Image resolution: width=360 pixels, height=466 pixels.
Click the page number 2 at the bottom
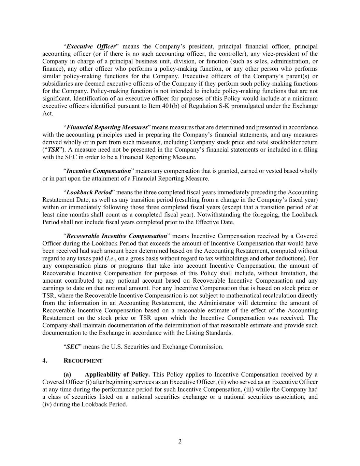[x=180, y=441]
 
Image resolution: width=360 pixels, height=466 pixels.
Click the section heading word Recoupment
[x=83, y=361]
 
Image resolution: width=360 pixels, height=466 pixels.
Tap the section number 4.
[x=45, y=361]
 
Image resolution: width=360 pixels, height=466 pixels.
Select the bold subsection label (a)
[x=67, y=375]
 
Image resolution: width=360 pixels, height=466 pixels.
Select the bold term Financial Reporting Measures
[x=107, y=127]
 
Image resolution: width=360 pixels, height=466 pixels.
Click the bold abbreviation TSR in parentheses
[x=54, y=150]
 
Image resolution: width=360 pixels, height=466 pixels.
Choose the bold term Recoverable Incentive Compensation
[x=116, y=236]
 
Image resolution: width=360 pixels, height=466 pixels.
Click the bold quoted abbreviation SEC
[x=72, y=347]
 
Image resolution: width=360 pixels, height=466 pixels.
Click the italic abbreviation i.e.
[x=111, y=258]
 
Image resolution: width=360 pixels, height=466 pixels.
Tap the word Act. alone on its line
[x=48, y=113]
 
